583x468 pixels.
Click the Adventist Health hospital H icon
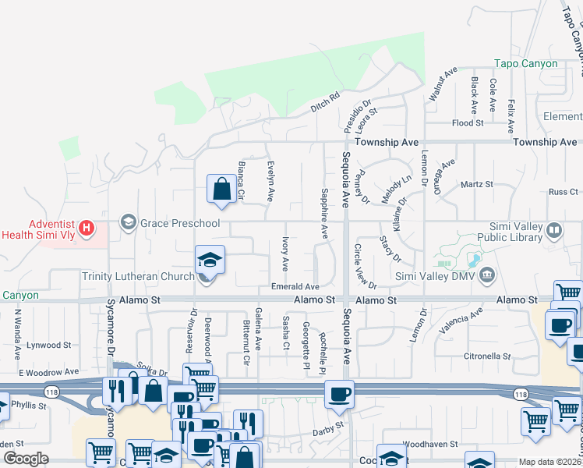point(87,229)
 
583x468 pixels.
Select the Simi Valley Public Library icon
point(553,230)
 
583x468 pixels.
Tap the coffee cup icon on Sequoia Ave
point(338,394)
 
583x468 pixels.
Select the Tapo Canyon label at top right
point(526,64)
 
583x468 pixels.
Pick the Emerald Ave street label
point(295,287)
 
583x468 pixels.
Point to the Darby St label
point(328,427)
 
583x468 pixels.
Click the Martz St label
point(477,184)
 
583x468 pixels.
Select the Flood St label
point(468,123)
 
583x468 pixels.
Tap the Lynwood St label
point(49,345)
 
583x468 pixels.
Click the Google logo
point(26,459)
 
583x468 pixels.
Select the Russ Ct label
point(563,191)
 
